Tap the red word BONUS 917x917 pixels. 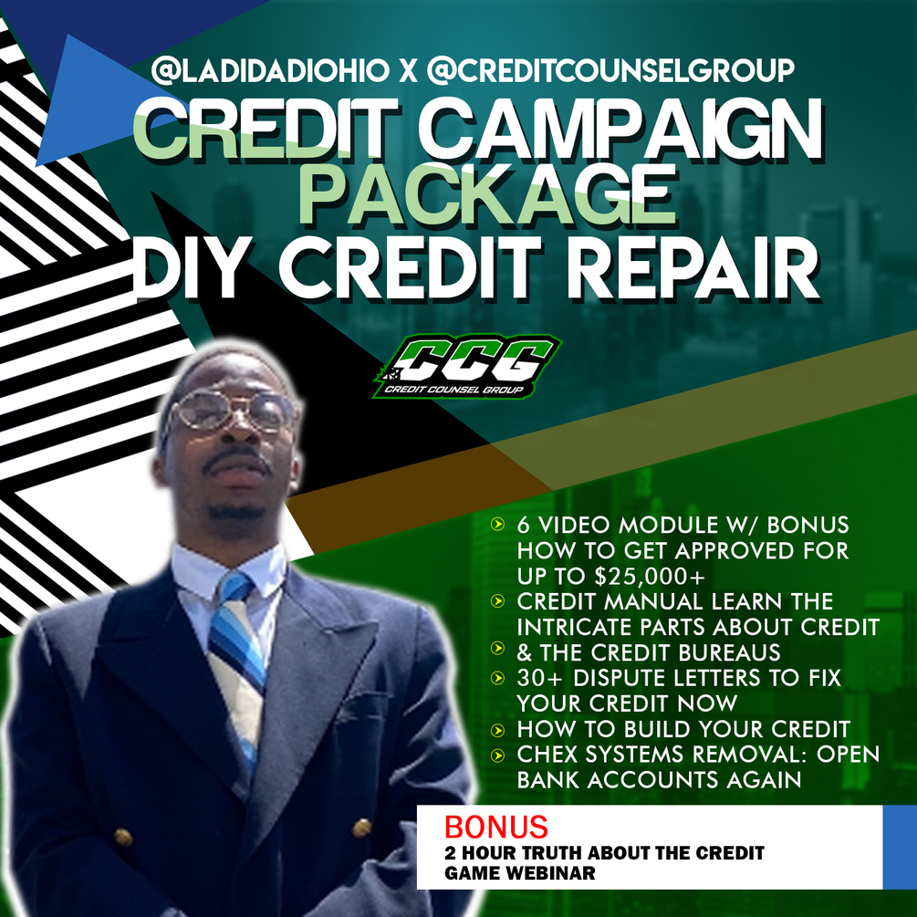click(496, 827)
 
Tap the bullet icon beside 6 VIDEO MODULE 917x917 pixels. click(497, 525)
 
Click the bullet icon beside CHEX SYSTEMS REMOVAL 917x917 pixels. click(497, 754)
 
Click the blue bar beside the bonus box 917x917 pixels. click(899, 848)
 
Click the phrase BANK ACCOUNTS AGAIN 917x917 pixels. click(659, 780)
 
